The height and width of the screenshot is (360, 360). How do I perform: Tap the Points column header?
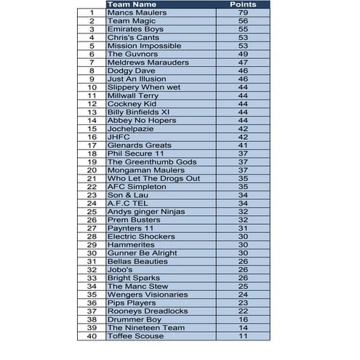(x=243, y=4)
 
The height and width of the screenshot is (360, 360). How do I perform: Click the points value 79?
(x=243, y=13)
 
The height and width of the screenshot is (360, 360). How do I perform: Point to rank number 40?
(x=92, y=336)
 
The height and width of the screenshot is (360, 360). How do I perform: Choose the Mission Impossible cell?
(x=142, y=46)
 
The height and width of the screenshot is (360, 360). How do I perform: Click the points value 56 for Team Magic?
(x=243, y=21)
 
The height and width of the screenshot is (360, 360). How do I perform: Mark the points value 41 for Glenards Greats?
(x=243, y=145)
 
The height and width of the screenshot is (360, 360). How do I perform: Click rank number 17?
(x=92, y=145)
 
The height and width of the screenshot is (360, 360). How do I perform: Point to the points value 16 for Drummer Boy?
(x=243, y=319)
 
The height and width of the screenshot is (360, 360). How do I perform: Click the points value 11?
(x=243, y=336)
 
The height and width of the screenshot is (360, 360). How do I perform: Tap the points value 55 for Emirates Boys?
(x=243, y=29)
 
